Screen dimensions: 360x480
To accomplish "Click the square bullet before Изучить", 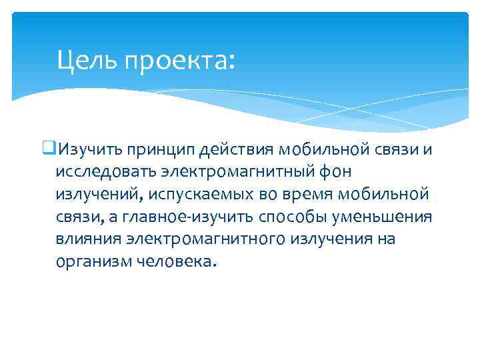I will [x=52, y=148].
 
